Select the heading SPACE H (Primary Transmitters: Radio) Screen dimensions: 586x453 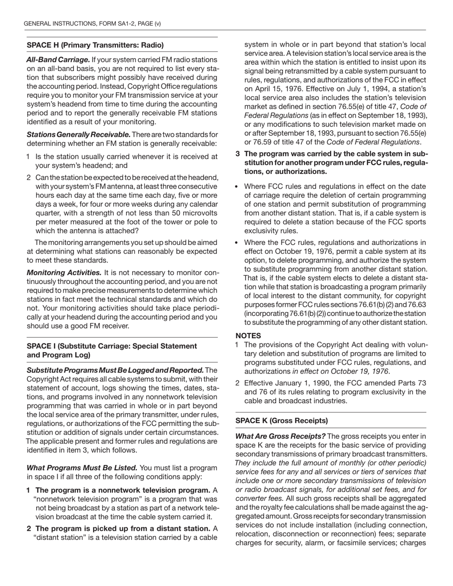95,45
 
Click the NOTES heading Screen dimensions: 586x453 248,335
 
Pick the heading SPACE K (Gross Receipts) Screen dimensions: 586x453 281,421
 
